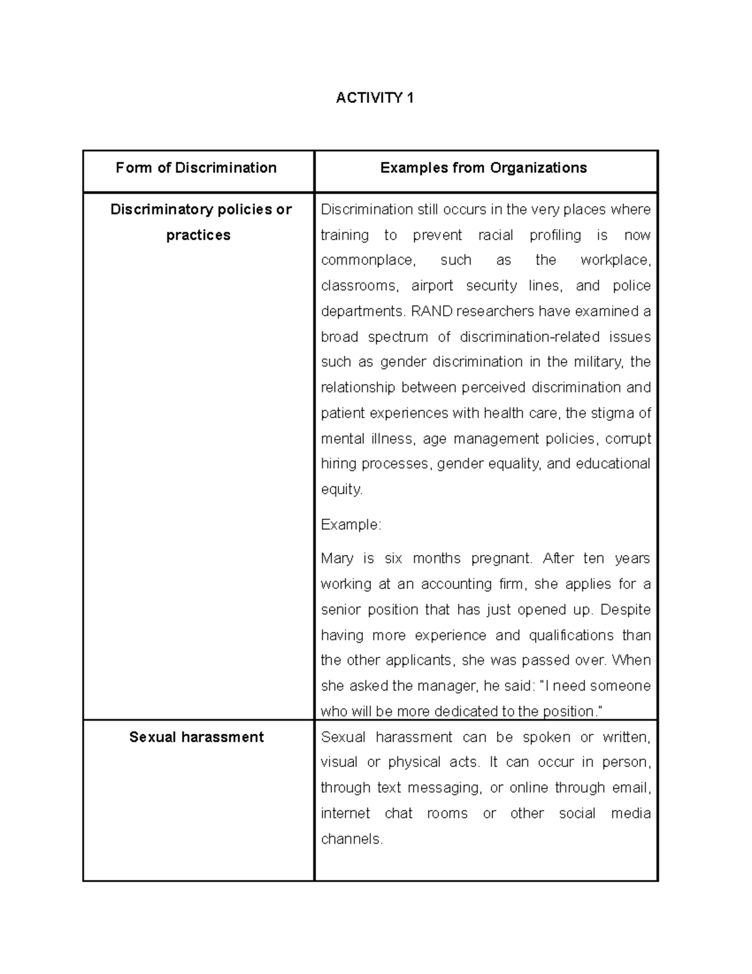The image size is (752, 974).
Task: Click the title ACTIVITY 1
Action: (x=375, y=98)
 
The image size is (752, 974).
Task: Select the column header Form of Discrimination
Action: (x=196, y=168)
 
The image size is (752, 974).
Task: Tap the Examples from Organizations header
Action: (x=483, y=168)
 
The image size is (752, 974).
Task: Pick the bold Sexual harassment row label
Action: (x=196, y=737)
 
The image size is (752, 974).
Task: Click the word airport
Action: (x=432, y=286)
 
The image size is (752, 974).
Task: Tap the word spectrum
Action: (x=398, y=337)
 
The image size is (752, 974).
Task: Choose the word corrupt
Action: (x=628, y=439)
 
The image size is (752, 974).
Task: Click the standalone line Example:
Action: (x=350, y=525)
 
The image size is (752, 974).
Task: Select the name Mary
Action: (x=337, y=559)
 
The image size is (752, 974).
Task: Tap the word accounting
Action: (x=456, y=585)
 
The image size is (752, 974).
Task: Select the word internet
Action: (x=345, y=814)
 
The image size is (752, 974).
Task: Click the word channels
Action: (x=351, y=839)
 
